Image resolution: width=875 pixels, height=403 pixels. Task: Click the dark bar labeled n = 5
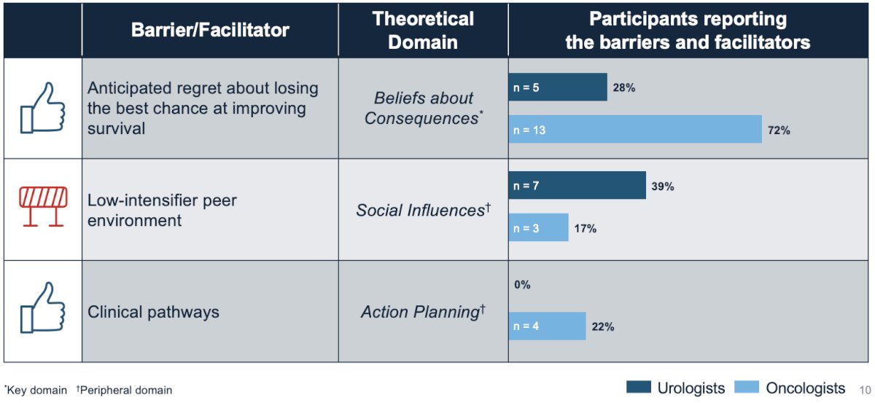coord(558,87)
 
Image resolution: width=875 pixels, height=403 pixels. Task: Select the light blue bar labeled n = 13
coord(635,129)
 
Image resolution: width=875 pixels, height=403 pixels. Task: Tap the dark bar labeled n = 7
coord(577,186)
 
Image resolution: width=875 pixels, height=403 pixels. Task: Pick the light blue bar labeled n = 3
coord(539,227)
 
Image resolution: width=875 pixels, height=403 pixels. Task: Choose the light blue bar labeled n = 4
coord(548,326)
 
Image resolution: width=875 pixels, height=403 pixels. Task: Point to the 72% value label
coord(779,130)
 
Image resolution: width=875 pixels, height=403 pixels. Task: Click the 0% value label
coord(522,285)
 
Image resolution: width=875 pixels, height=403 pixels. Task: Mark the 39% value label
coord(663,187)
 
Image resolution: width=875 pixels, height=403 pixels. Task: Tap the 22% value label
coord(603,326)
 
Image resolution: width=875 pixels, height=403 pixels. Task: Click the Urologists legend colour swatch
coord(639,387)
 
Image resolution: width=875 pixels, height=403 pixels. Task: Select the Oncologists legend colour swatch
coord(747,387)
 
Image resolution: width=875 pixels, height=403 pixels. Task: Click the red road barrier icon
coord(43,206)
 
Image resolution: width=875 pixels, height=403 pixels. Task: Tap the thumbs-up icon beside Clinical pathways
coord(42,308)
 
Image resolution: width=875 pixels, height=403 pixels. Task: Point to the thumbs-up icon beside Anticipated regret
coord(42,108)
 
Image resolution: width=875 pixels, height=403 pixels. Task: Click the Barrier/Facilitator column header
coord(210,30)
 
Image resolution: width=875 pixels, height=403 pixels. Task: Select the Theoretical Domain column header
coord(423,30)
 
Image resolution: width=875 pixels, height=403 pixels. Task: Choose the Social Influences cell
coord(424,210)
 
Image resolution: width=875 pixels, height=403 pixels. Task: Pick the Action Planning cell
coord(424,312)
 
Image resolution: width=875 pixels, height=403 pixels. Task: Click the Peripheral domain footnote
coord(124,390)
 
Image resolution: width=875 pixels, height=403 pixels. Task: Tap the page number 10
coord(865,390)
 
